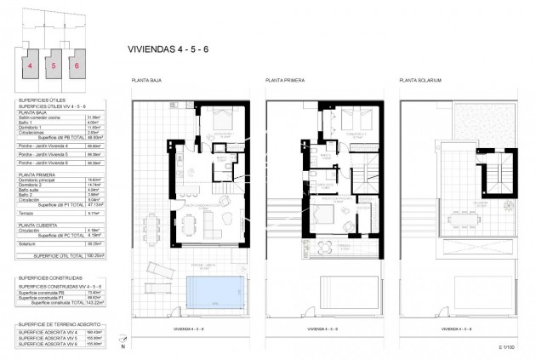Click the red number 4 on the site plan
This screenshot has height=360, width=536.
pyautogui.click(x=30, y=64)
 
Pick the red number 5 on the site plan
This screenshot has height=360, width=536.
pyautogui.click(x=54, y=64)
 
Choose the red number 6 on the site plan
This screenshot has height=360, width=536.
pyautogui.click(x=77, y=64)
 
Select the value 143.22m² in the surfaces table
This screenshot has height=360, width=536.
pyautogui.click(x=96, y=302)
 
